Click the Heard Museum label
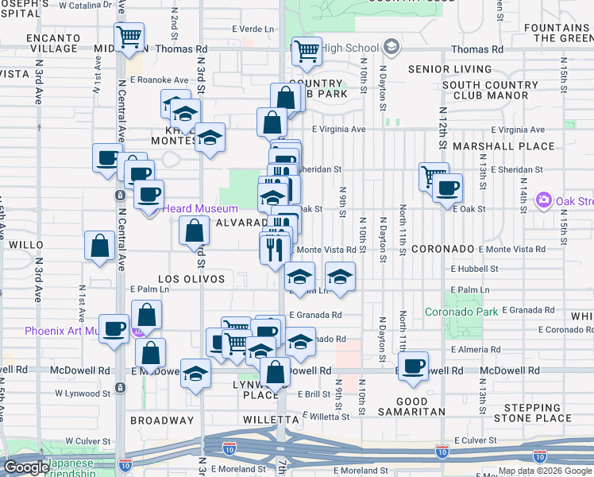(x=201, y=208)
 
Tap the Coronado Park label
(x=461, y=310)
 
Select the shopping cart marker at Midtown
(x=129, y=37)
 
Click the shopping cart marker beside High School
(x=307, y=52)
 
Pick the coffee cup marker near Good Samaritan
(x=413, y=366)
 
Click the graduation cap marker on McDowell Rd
(x=195, y=374)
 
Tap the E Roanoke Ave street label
(x=159, y=79)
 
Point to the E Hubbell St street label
(x=473, y=269)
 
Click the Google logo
(x=25, y=467)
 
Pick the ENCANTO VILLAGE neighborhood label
(x=53, y=43)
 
